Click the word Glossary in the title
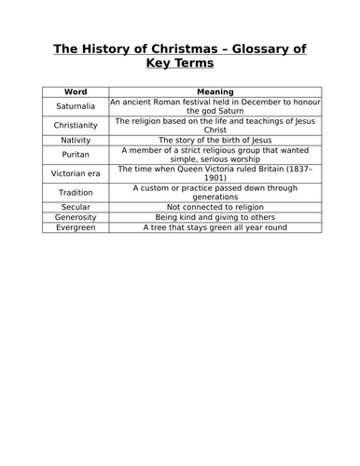click(x=249, y=48)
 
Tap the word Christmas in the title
click(x=169, y=48)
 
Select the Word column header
click(x=75, y=91)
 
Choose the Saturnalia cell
click(x=75, y=106)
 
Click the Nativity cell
click(x=75, y=140)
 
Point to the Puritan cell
click(x=75, y=155)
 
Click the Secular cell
click(x=75, y=207)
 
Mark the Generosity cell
click(x=75, y=217)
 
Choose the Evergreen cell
click(x=75, y=227)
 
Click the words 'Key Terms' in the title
click(x=180, y=65)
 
